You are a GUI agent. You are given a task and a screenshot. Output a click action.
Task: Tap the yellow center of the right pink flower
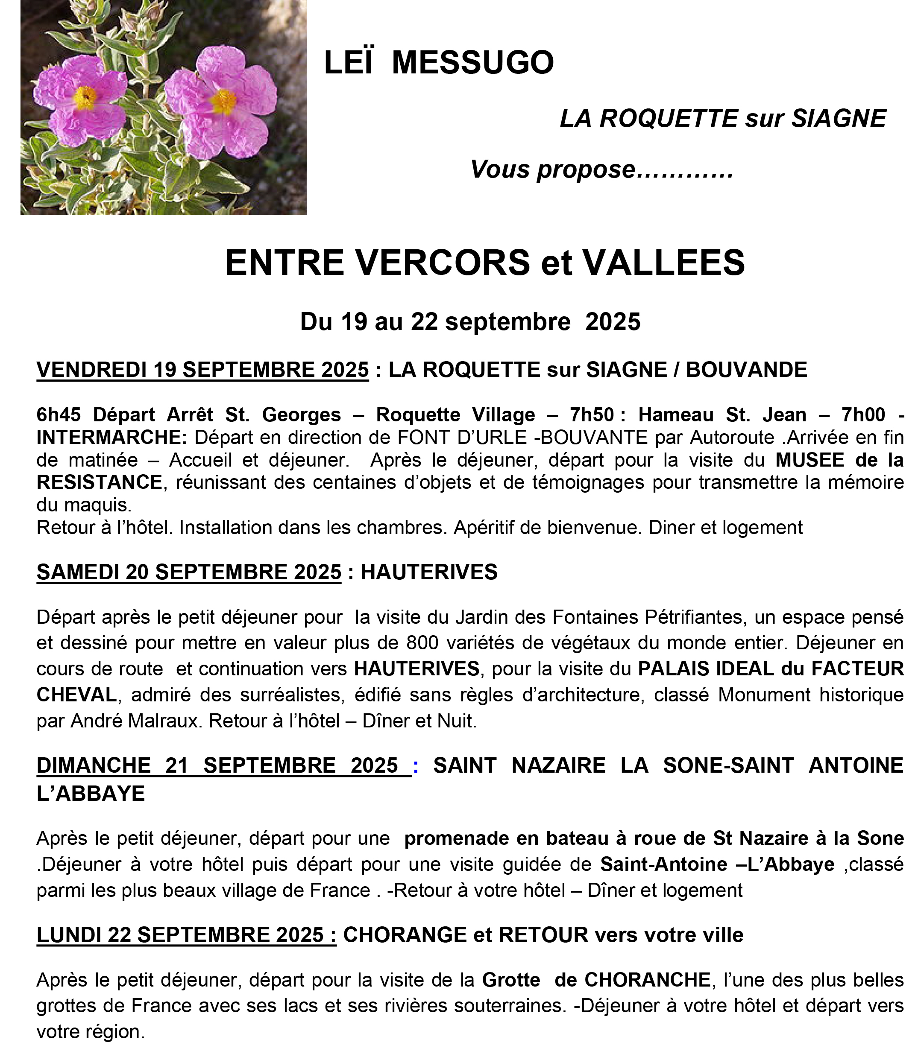224,101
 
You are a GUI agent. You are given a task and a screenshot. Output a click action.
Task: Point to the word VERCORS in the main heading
443,263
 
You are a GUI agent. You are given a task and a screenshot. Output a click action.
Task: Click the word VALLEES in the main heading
663,263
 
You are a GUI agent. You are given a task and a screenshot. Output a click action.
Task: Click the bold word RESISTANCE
100,482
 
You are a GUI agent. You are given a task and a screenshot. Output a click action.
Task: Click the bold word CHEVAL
76,695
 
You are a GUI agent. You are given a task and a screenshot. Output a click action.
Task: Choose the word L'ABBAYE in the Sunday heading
91,794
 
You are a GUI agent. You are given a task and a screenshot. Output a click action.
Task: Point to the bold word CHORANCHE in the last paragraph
647,980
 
